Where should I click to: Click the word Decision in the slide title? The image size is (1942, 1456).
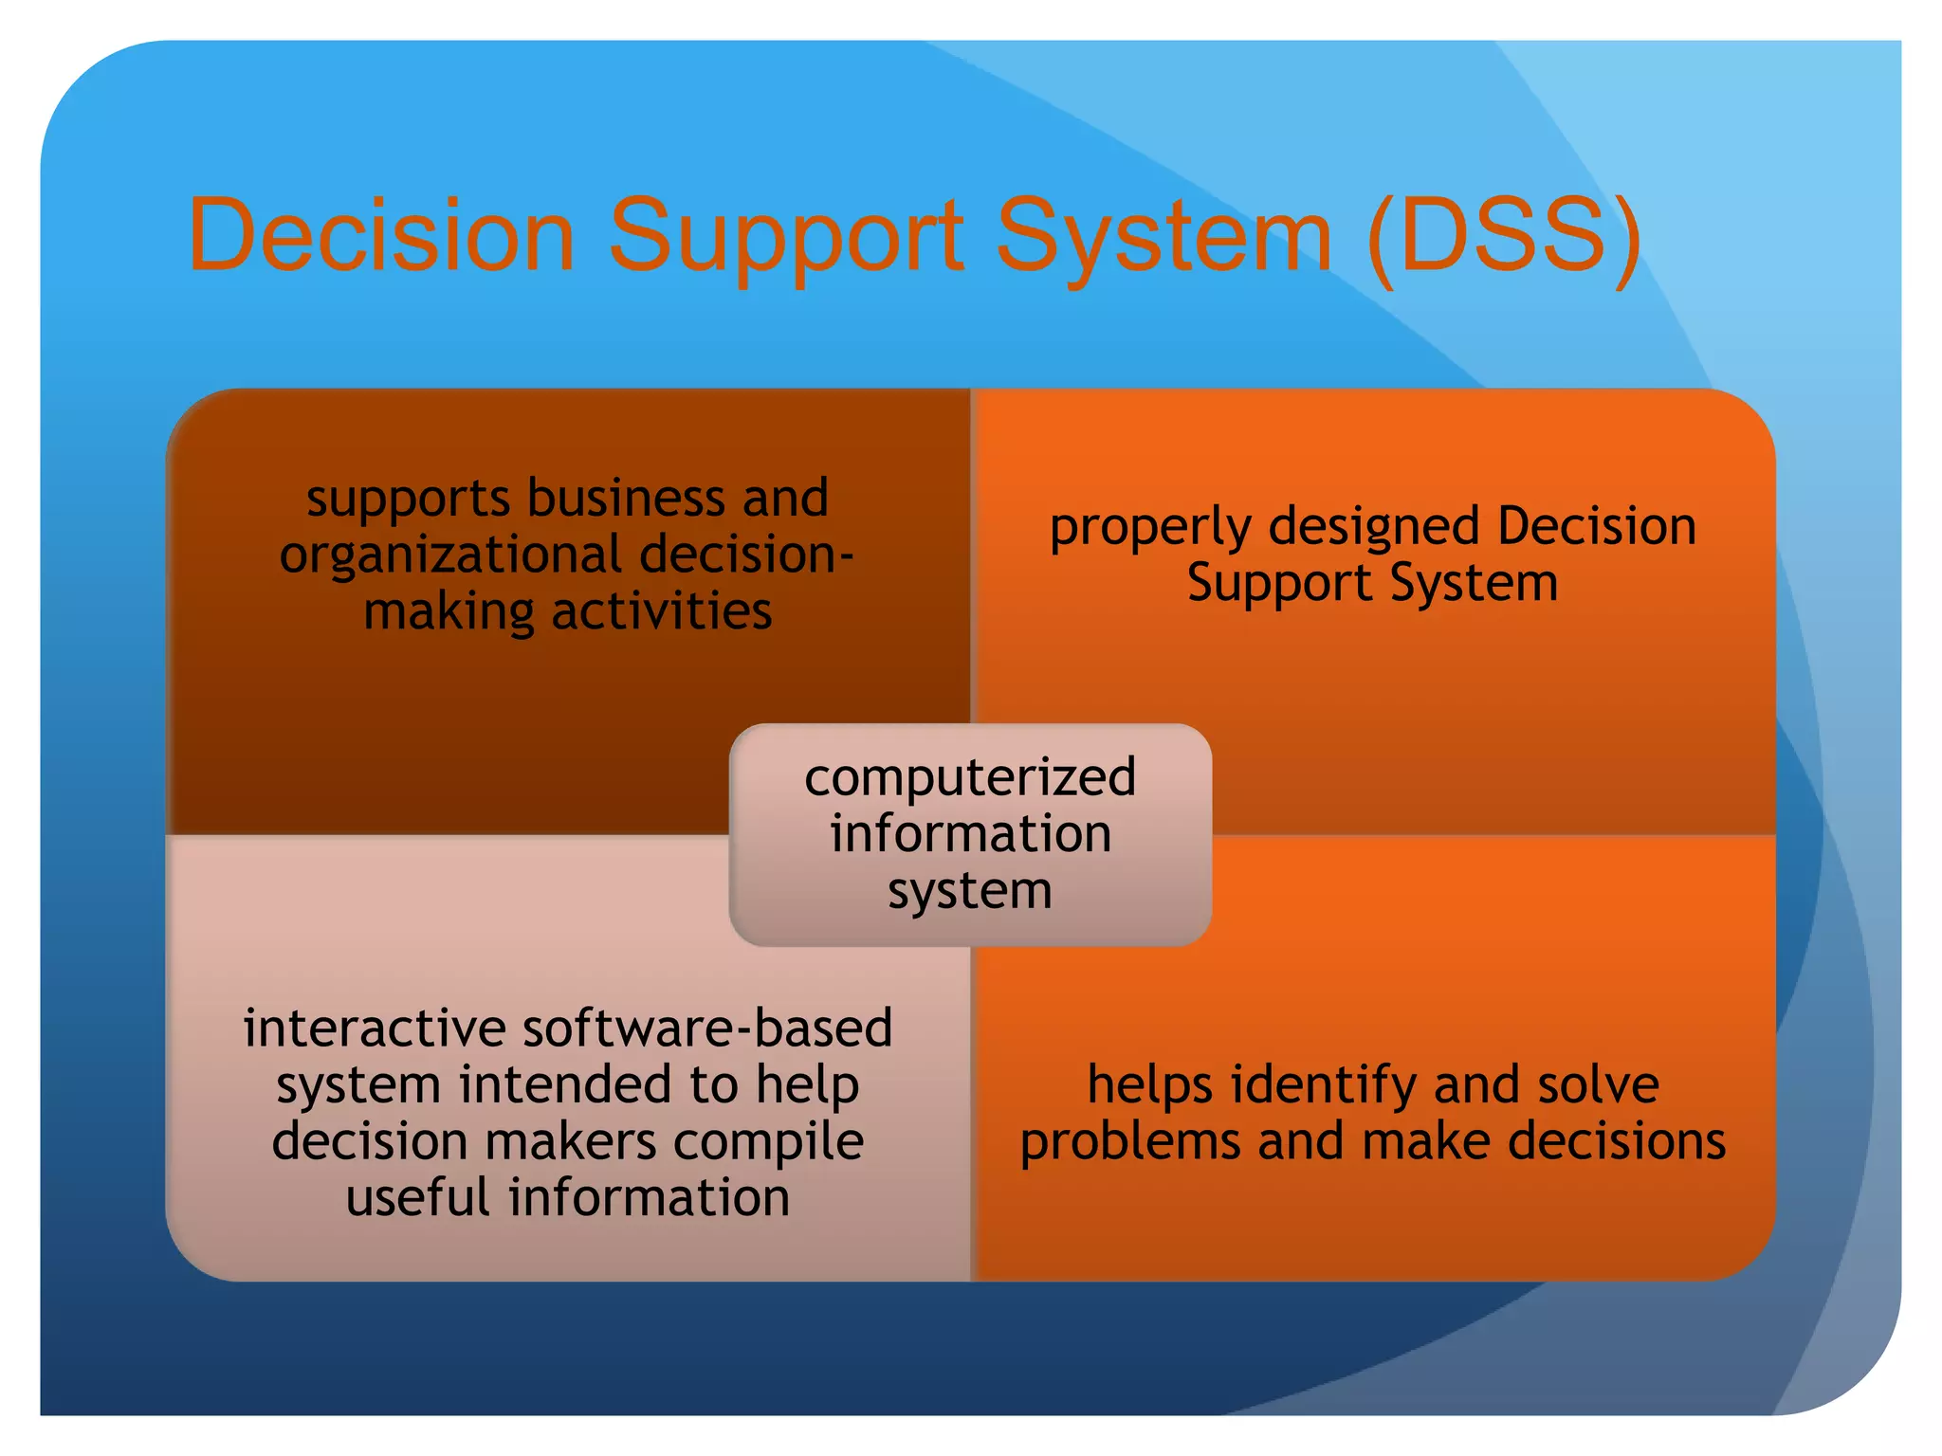point(381,234)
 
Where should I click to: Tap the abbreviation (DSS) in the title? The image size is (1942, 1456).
point(1504,234)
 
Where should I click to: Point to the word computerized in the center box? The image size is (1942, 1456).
point(970,778)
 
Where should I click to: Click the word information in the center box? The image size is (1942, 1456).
point(970,834)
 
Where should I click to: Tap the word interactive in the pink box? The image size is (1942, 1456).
point(375,1028)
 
